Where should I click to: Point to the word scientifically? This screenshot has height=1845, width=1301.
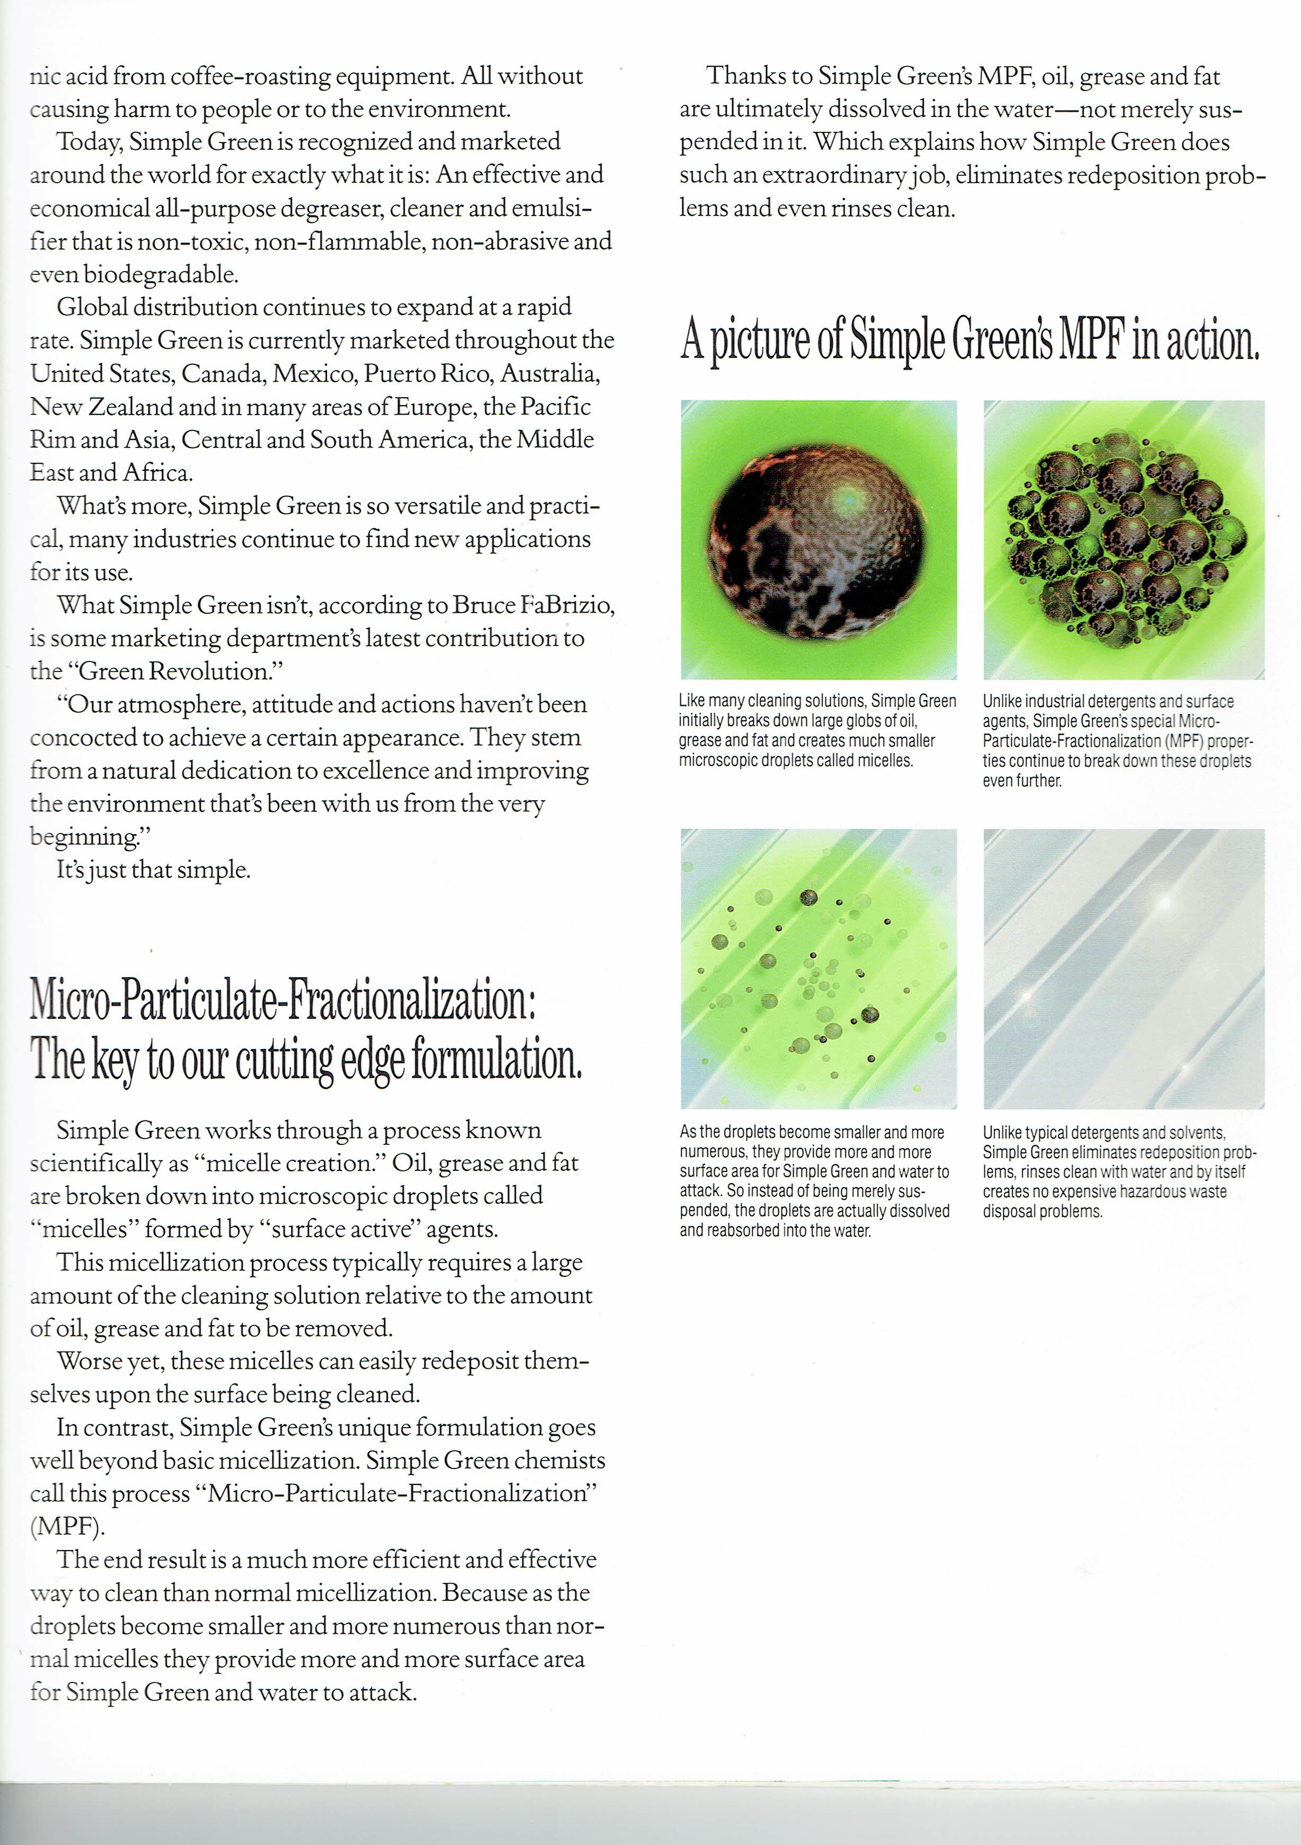tap(96, 1163)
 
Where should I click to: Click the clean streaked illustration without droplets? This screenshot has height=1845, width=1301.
tap(1124, 969)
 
